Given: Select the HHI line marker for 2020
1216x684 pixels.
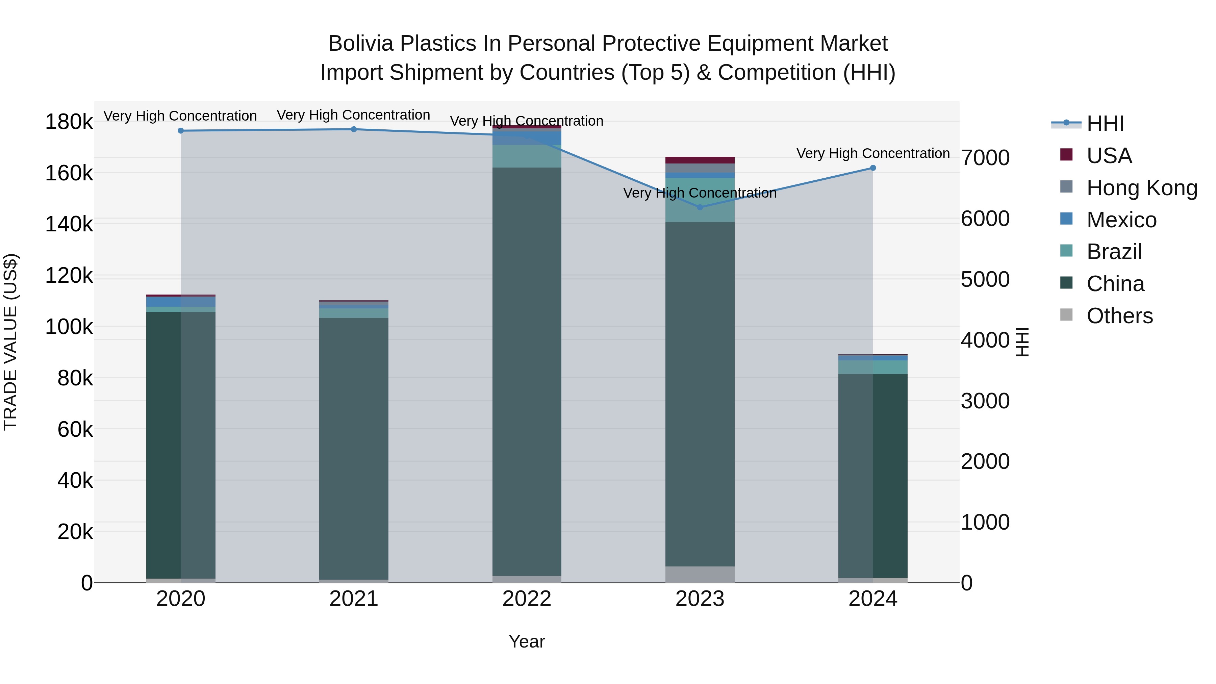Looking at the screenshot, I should (x=181, y=131).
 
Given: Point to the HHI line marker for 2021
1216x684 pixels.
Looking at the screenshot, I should (x=354, y=129).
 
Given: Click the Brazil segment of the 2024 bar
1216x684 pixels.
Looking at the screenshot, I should (x=873, y=367).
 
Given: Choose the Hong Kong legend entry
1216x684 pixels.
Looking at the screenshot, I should (x=1141, y=188).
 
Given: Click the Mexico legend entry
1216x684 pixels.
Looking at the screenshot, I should (x=1121, y=220).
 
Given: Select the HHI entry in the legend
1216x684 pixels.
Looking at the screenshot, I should (x=1105, y=124).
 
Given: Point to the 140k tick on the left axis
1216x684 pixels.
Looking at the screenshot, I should (x=69, y=224).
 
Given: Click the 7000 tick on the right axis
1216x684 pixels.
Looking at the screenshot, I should (x=985, y=158).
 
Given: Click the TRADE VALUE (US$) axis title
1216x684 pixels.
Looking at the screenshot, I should (x=11, y=342).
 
